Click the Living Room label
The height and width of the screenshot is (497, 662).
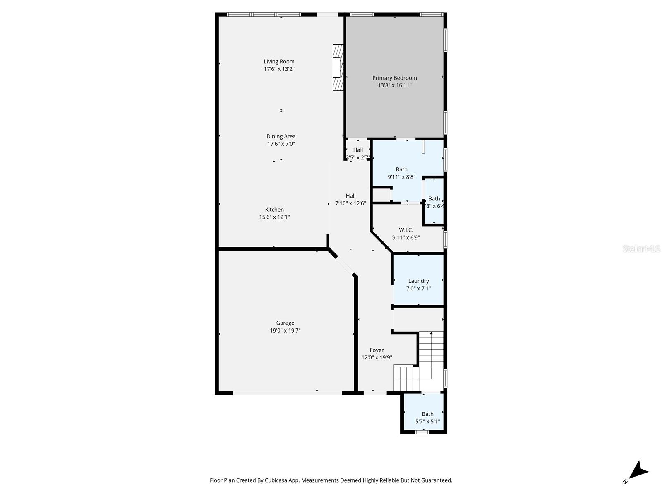(x=279, y=62)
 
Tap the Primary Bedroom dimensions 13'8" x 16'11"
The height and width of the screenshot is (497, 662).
(x=394, y=86)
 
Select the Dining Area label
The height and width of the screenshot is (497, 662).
(x=281, y=136)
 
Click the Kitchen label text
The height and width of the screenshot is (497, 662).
(x=274, y=210)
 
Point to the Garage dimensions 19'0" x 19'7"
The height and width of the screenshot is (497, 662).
(x=285, y=331)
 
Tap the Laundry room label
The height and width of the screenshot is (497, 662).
(x=418, y=281)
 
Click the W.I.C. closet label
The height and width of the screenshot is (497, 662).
(x=405, y=230)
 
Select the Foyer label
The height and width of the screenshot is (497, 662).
(x=377, y=350)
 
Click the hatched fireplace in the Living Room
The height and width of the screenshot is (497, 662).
(x=338, y=67)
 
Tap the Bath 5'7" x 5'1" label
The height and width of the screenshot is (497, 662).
(x=427, y=414)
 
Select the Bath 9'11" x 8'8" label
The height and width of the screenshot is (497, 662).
(x=401, y=169)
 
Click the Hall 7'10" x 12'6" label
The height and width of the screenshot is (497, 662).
(x=350, y=196)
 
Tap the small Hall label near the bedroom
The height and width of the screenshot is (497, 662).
(x=358, y=150)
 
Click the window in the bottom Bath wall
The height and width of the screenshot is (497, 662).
(x=422, y=432)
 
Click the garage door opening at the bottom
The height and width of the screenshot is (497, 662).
(x=287, y=392)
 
